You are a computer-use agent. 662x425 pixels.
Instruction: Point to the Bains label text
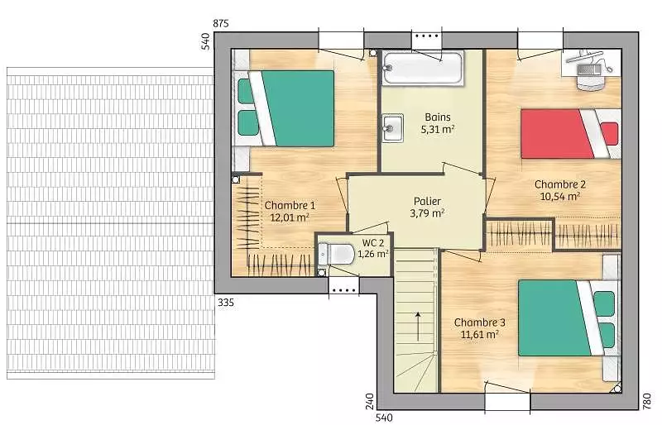(x=438, y=117)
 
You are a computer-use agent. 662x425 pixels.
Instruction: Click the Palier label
(x=427, y=201)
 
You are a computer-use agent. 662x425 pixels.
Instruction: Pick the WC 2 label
(x=373, y=242)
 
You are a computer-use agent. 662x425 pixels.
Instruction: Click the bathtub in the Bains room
(x=423, y=68)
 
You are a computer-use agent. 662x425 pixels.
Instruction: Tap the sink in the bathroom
(x=392, y=128)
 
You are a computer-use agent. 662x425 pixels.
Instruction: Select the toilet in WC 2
(x=336, y=254)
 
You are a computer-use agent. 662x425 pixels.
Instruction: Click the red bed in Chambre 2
(x=570, y=134)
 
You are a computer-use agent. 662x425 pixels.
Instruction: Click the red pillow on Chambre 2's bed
(x=610, y=134)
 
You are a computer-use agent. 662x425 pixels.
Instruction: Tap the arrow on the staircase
(x=418, y=327)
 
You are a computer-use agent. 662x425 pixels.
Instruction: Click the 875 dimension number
(x=221, y=24)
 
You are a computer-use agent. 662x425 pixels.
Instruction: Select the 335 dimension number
(x=226, y=303)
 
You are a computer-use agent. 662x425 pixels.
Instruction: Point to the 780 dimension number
(x=647, y=401)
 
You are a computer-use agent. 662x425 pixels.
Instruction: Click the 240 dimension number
(x=370, y=401)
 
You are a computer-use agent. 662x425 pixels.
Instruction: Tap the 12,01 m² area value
(x=290, y=217)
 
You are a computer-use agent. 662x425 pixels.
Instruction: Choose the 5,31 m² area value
(x=438, y=129)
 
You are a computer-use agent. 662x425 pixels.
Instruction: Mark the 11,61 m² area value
(x=480, y=334)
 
